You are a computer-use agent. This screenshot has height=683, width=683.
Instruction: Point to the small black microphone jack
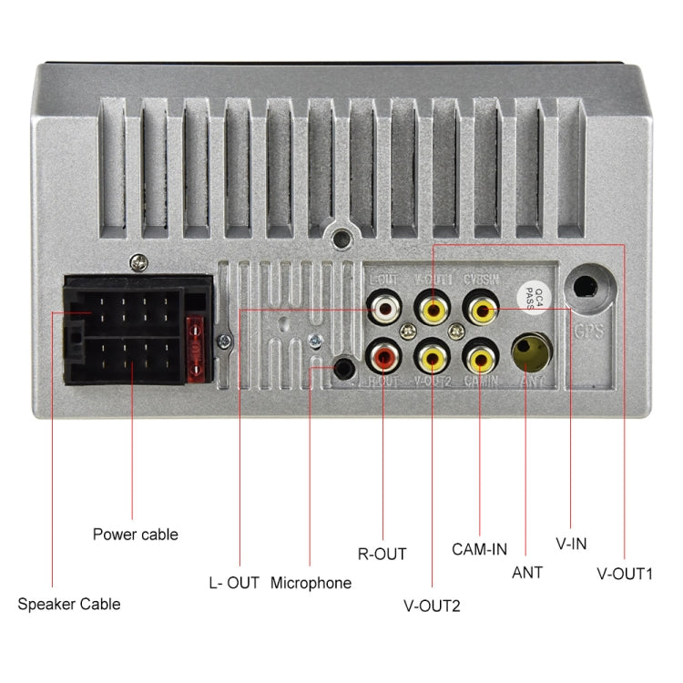pos(343,368)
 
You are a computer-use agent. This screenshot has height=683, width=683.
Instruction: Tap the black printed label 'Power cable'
pos(136,535)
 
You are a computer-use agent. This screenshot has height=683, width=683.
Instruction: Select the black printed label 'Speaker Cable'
pos(69,604)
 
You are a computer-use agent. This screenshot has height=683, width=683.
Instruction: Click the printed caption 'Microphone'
pos(311,583)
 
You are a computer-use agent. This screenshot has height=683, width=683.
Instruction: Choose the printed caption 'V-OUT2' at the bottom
pos(432,604)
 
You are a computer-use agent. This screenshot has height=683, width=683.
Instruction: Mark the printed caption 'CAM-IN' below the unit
pos(479,549)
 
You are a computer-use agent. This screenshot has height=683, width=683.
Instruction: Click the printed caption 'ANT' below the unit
pos(527,573)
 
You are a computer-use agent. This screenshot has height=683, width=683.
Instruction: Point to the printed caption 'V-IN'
pos(571,544)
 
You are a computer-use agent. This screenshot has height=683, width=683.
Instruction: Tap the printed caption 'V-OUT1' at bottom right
pos(626,575)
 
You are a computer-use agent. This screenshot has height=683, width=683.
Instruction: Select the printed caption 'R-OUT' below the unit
pos(382,553)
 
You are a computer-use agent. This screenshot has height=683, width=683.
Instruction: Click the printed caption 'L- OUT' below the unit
pos(235,583)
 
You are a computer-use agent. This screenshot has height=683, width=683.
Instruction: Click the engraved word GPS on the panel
pos(589,331)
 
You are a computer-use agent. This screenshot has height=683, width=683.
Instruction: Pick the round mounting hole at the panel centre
pos(341,239)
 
